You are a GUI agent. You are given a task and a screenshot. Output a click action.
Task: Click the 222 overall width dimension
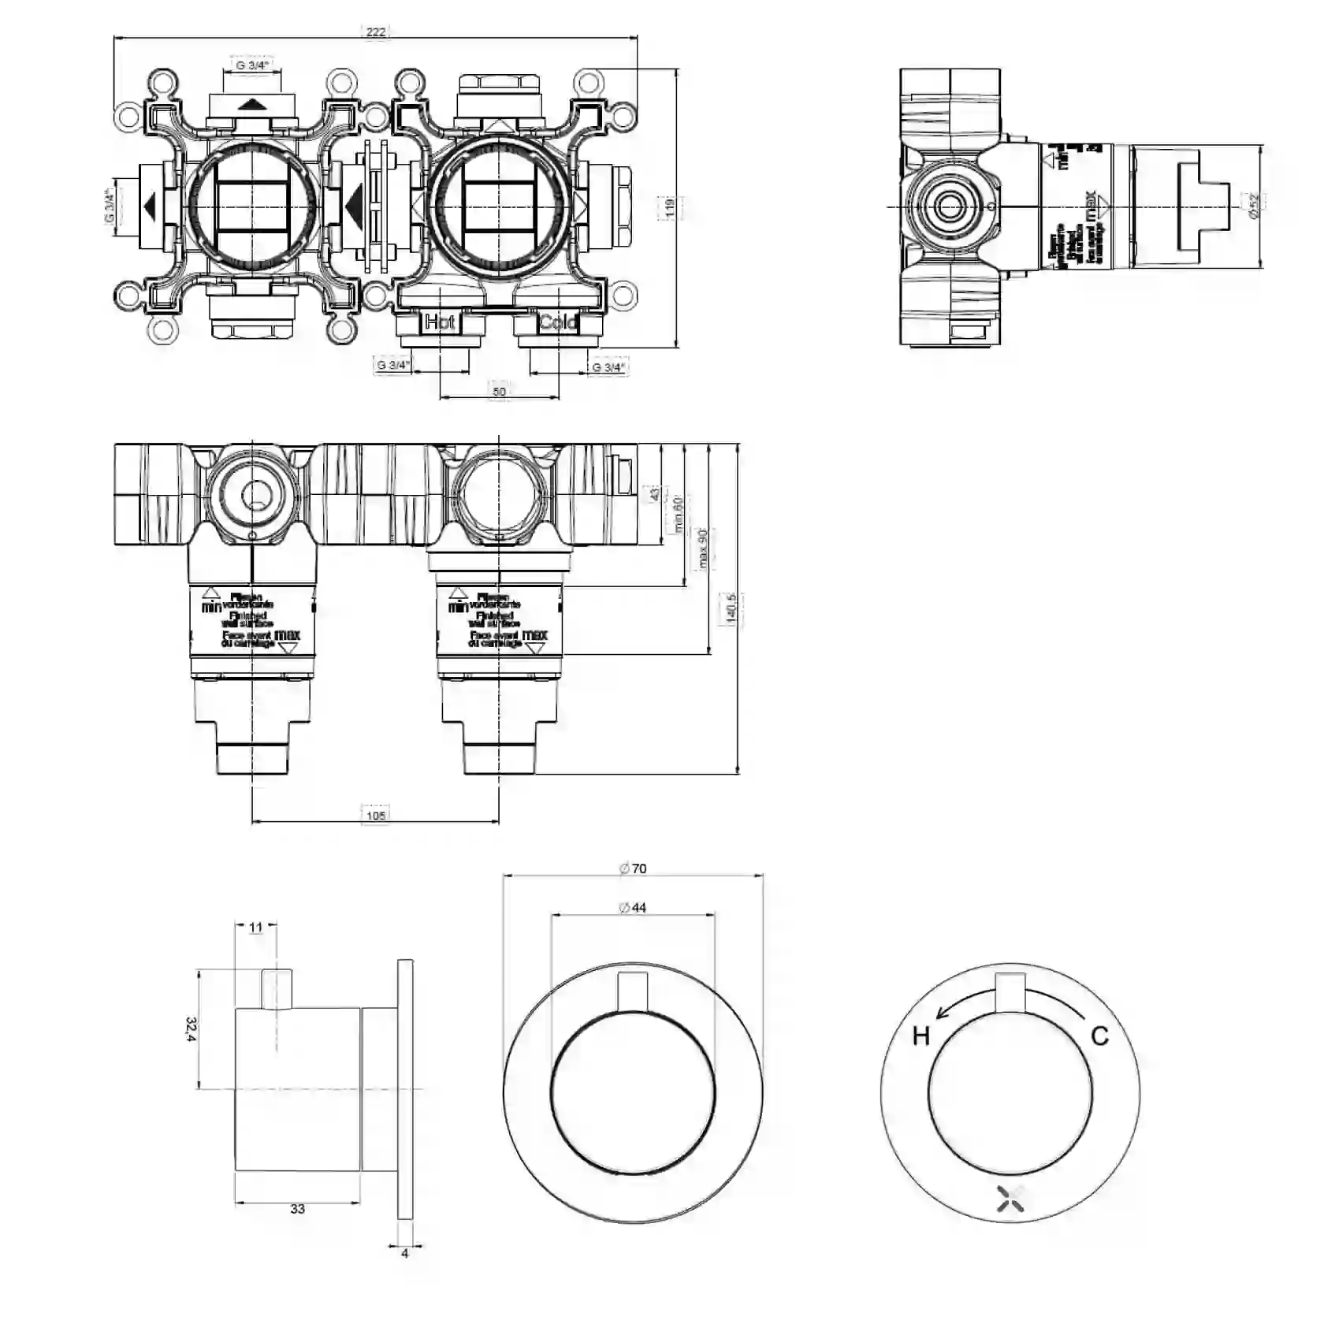[376, 32]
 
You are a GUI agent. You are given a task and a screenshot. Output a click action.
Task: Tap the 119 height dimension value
[669, 207]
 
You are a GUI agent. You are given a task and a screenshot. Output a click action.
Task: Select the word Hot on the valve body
[440, 322]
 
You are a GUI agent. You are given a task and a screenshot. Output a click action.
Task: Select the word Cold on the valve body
[558, 322]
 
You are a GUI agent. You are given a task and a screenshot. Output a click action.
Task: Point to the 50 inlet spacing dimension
[499, 392]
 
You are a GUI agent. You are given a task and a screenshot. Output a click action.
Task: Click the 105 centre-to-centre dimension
[376, 815]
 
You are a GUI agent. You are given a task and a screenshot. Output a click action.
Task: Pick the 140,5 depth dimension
[731, 608]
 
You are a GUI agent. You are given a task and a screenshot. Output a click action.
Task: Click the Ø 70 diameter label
[633, 868]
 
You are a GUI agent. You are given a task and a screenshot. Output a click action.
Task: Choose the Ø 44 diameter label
[633, 908]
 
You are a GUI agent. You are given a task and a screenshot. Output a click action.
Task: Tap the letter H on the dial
[920, 1036]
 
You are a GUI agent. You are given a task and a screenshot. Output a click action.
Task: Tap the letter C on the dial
[1100, 1036]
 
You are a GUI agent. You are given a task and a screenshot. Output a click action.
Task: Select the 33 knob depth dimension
[297, 1209]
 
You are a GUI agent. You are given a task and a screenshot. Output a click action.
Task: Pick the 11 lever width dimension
[256, 928]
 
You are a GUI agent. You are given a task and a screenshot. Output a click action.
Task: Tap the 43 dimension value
[654, 494]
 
